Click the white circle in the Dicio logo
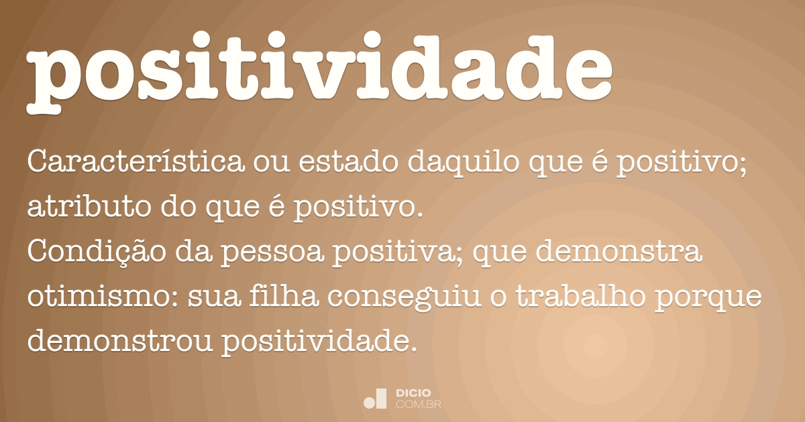[368, 403]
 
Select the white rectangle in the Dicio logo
[381, 398]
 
